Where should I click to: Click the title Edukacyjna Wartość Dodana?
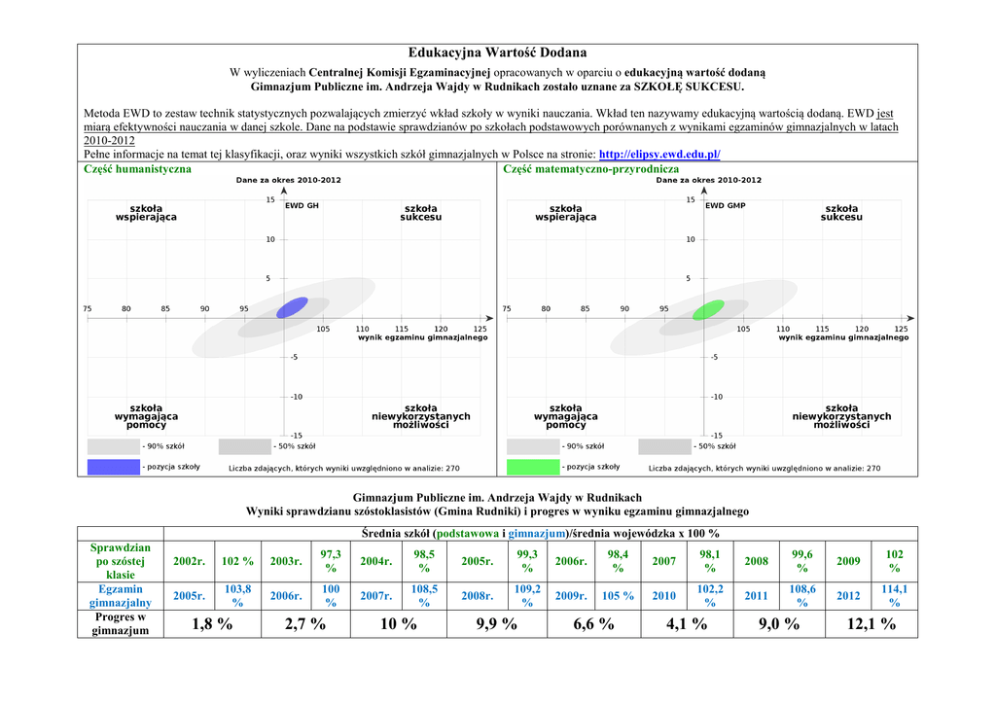coord(497,53)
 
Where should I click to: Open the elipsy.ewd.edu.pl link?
coord(659,154)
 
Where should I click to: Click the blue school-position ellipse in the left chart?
coord(292,307)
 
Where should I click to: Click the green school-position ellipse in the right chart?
coord(708,309)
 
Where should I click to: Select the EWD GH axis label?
coord(302,206)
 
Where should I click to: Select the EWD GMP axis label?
coord(725,206)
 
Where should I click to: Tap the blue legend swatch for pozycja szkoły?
coord(113,467)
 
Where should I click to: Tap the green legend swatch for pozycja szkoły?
coord(532,467)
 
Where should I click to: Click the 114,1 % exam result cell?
coord(894,596)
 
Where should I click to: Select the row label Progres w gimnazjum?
coord(121,624)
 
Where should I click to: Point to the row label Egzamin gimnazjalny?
coord(121,596)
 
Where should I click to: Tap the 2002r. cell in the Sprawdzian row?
coord(189,561)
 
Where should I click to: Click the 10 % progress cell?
coord(398,624)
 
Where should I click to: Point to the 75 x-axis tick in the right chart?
coord(506,309)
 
